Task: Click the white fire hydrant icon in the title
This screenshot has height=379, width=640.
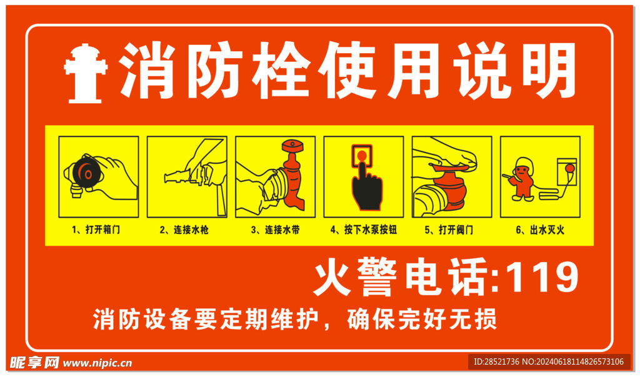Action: (x=86, y=73)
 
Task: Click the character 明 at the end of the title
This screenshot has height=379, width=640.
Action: (x=549, y=71)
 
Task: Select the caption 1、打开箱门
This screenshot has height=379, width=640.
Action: (x=99, y=230)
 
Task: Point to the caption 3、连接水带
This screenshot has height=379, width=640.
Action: (x=275, y=230)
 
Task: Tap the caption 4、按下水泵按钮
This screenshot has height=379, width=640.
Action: (x=364, y=230)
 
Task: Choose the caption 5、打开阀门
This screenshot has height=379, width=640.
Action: (x=452, y=230)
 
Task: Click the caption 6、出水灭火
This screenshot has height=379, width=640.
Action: (x=540, y=230)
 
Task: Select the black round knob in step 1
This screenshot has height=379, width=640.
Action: (x=84, y=170)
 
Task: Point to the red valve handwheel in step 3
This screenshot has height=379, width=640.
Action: (x=292, y=145)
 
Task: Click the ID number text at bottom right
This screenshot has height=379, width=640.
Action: (x=548, y=361)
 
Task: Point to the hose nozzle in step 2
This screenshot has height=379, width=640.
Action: (x=176, y=177)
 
